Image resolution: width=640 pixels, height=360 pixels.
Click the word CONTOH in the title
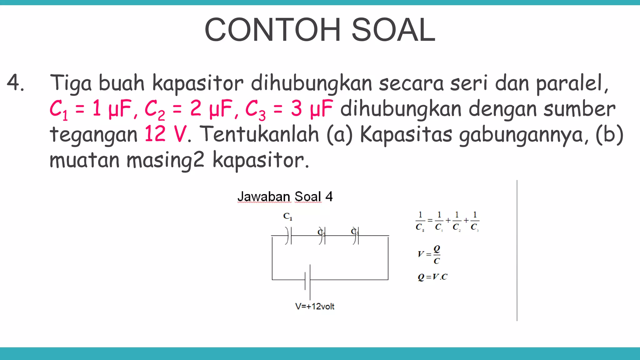click(272, 30)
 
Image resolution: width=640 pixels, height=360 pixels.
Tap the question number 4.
click(15, 83)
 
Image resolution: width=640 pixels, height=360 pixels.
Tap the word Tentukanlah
click(259, 134)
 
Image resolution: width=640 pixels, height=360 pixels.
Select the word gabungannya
click(524, 135)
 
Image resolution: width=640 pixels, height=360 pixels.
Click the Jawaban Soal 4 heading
click(285, 197)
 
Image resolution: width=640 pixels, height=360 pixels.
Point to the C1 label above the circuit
click(287, 216)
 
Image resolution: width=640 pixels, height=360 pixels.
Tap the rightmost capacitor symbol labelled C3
click(356, 236)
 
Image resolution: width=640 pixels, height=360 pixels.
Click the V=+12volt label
click(315, 306)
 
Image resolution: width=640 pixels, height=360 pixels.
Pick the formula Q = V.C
click(432, 277)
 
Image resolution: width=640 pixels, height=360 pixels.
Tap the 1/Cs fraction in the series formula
click(420, 221)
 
